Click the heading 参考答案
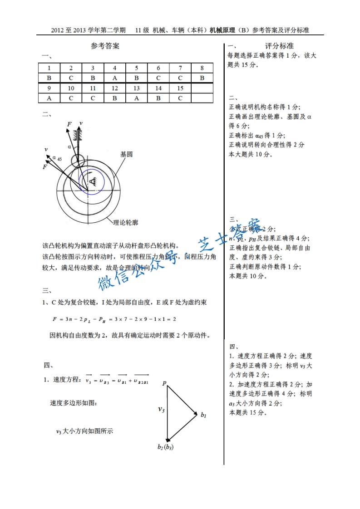point(105,46)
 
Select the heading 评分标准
point(279,46)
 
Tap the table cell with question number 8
point(202,68)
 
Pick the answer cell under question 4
point(115,78)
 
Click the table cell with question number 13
point(137,88)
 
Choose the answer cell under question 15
point(180,98)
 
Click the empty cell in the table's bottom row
point(202,98)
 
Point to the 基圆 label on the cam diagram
point(126,154)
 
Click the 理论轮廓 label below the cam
point(126,223)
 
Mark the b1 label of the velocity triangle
point(204,414)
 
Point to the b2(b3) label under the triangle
point(166,447)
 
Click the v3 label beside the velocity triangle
point(161,409)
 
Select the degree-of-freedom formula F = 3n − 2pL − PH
point(114,319)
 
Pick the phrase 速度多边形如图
point(73,403)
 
